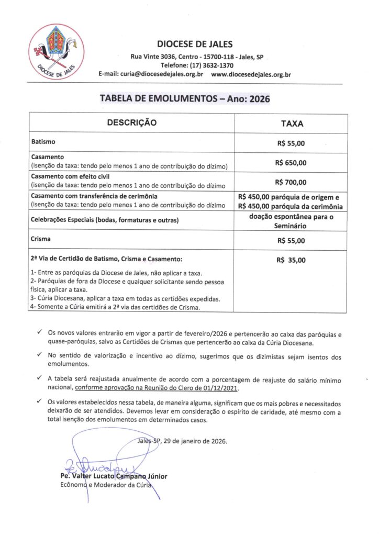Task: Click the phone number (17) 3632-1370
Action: (x=211, y=65)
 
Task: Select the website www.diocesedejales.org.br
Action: (x=251, y=74)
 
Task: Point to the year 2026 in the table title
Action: (x=255, y=98)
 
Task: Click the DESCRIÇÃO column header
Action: (x=132, y=123)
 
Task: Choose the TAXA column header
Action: (x=292, y=124)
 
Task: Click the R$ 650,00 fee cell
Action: (x=292, y=162)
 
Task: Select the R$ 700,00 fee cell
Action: (x=292, y=182)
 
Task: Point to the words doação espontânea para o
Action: (x=292, y=216)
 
